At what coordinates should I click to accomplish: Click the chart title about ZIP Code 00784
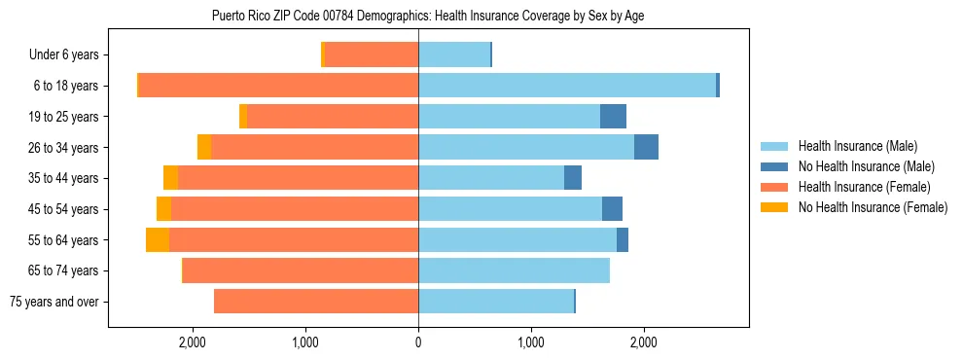[428, 16]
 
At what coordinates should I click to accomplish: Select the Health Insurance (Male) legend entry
[857, 146]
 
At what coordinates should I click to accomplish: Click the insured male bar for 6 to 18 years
[567, 86]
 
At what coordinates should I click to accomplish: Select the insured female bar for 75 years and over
[316, 302]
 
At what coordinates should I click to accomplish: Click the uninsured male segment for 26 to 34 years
[646, 147]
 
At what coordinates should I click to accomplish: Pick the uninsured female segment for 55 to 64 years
[158, 239]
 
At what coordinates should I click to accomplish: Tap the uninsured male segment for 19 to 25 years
[613, 117]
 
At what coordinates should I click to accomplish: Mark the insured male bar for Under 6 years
[454, 55]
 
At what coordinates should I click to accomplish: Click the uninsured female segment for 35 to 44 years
[170, 178]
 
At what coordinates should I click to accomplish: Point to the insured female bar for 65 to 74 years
[301, 270]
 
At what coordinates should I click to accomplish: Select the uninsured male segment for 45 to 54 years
[612, 209]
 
